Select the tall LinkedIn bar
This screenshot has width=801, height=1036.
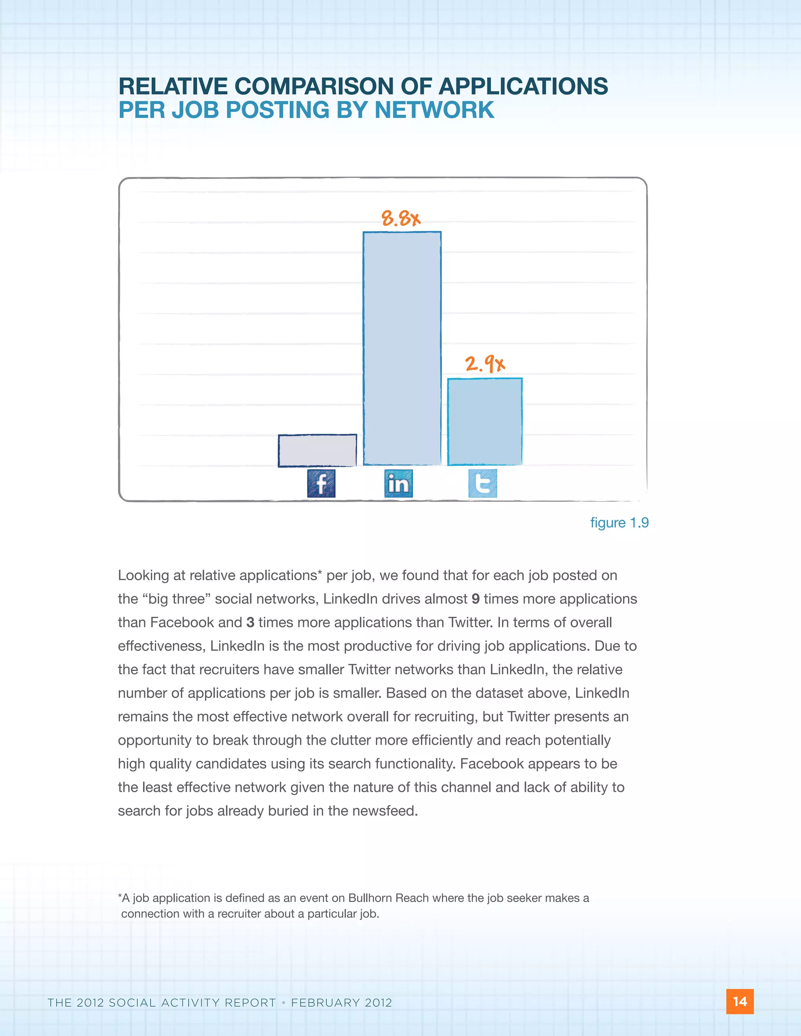point(402,348)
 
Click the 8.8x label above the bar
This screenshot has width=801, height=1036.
point(401,219)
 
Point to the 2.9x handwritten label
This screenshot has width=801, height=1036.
point(485,364)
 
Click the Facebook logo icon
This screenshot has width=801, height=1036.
point(321,483)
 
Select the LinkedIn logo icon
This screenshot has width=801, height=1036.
point(398,483)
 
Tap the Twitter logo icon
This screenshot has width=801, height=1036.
point(483,483)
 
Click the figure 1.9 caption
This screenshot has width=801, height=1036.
point(619,522)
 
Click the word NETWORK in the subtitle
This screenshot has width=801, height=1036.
point(434,110)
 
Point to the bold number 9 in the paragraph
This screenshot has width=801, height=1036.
point(476,599)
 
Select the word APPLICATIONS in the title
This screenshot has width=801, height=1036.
point(523,86)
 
